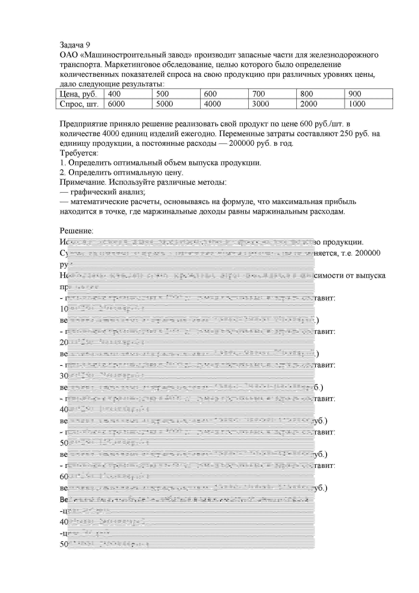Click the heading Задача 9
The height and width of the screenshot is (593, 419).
[75, 45]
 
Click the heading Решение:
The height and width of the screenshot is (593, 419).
[76, 231]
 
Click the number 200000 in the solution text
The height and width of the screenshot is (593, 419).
[368, 253]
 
